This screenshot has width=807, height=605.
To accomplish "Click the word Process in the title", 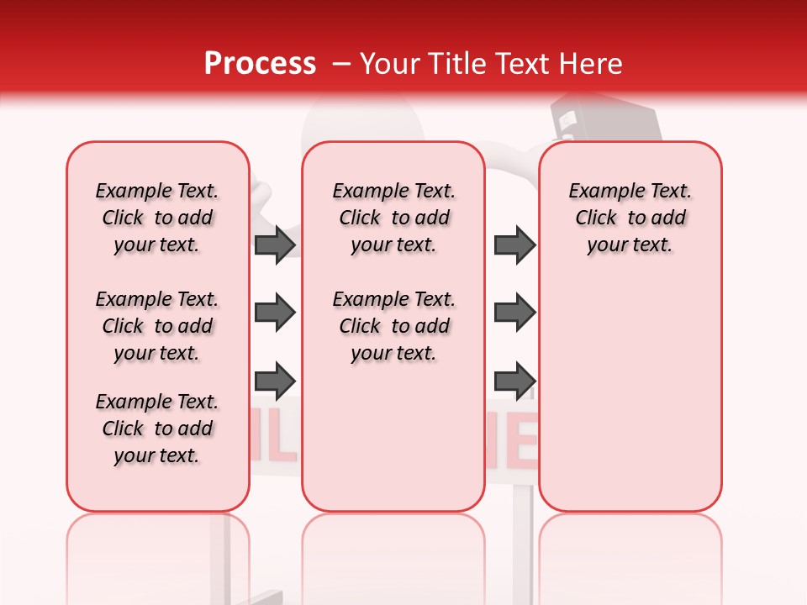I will coord(260,64).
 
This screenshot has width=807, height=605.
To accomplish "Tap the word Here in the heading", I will coord(591,64).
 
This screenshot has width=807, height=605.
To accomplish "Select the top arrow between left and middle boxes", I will coord(274,245).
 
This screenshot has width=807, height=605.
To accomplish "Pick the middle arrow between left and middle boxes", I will coord(274,313).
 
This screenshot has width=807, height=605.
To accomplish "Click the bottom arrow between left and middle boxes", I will coord(274,380).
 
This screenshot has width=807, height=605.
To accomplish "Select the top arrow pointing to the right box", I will coord(514,245).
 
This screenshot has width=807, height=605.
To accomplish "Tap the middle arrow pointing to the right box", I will coord(514,313).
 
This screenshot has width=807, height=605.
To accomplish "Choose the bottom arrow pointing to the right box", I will coord(514,380).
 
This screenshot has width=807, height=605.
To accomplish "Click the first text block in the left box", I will coord(157,218).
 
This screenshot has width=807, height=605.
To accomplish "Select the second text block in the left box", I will coord(157,326).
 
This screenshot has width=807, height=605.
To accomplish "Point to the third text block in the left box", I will coord(157,429).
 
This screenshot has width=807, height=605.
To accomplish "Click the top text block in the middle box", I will coord(393,218).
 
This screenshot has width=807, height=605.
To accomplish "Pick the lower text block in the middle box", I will coord(393,326).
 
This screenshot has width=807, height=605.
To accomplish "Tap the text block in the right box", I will coord(630,218).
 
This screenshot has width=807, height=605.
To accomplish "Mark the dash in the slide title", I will coord(342,64).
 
